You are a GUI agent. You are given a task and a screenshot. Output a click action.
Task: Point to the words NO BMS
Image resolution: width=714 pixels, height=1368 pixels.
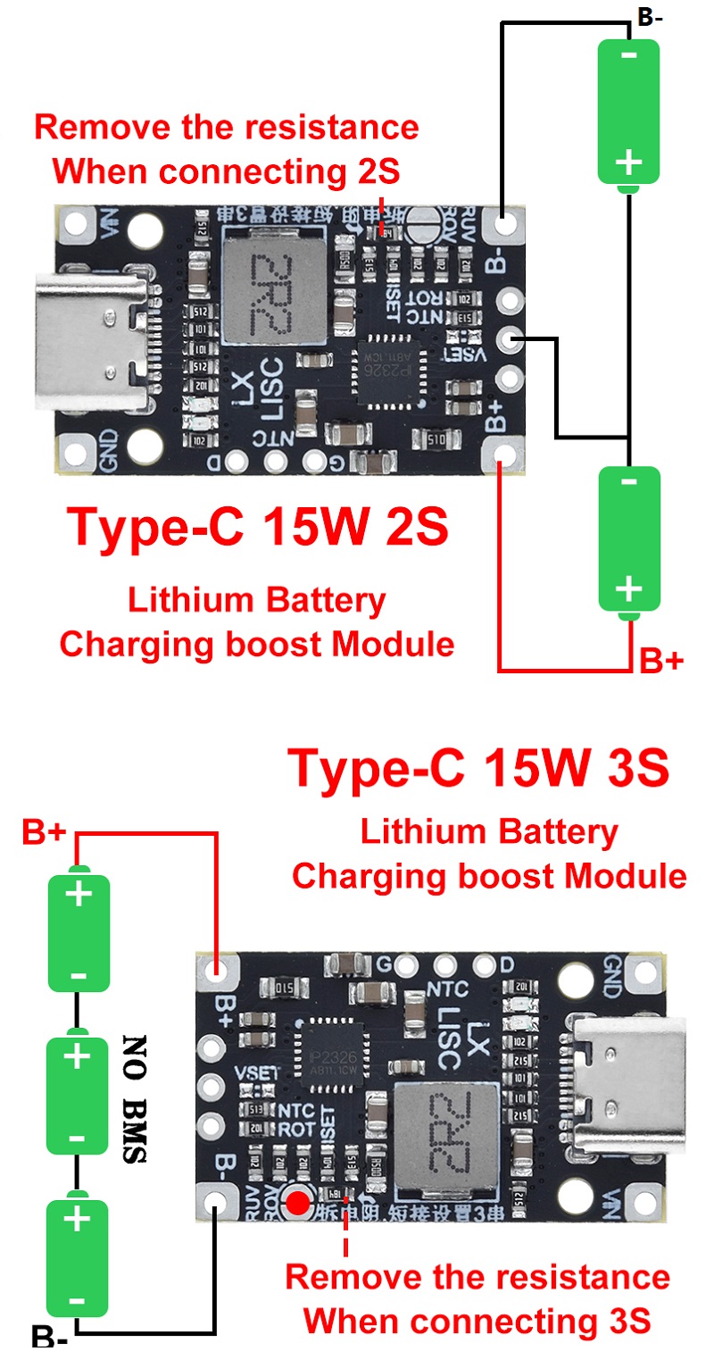click(134, 1099)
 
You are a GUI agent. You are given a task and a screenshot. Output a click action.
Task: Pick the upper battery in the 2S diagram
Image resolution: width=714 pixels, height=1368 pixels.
click(629, 112)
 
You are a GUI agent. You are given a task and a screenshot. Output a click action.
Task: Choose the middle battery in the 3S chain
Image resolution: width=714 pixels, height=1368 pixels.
click(78, 1094)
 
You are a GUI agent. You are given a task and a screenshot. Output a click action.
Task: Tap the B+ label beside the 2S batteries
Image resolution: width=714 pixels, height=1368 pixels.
click(661, 662)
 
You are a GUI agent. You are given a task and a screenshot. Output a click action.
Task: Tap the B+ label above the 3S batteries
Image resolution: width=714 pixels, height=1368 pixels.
click(45, 833)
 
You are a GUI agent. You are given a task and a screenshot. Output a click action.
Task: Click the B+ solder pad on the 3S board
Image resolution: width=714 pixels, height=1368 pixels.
click(215, 970)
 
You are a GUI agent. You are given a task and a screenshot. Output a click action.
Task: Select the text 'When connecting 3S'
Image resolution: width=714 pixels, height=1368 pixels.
click(477, 1319)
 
